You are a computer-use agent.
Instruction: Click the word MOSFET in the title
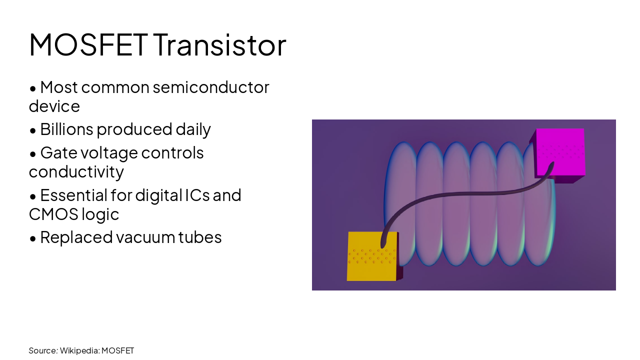(x=88, y=44)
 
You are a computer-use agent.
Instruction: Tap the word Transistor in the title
(x=219, y=44)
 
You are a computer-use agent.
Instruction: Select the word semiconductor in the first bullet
(x=211, y=87)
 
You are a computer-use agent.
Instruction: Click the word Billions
(x=66, y=129)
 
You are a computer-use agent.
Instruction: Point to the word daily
(x=193, y=129)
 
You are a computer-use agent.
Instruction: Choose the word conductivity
(x=76, y=172)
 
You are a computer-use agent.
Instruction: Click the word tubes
(x=200, y=237)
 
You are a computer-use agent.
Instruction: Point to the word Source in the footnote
(x=42, y=350)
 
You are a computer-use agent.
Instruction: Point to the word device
(x=54, y=106)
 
